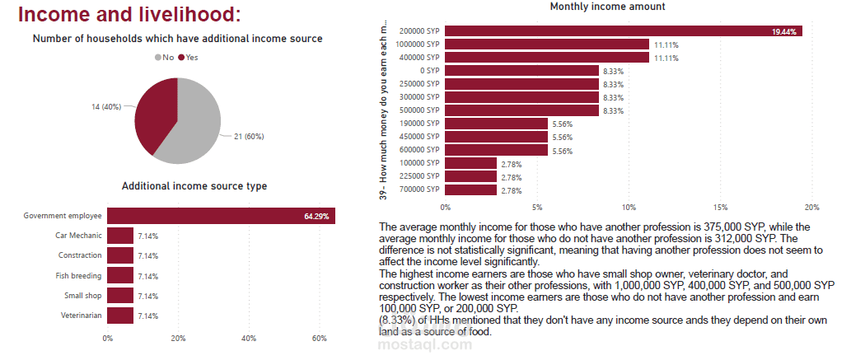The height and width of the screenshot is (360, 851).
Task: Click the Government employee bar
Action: click(221, 216)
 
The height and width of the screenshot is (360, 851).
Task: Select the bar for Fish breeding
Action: click(120, 275)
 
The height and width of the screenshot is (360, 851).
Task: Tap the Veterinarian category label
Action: click(82, 316)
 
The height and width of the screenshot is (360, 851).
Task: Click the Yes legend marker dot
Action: click(180, 58)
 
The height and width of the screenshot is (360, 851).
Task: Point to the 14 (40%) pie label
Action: click(106, 107)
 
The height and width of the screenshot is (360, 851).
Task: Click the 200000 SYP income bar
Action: click(623, 31)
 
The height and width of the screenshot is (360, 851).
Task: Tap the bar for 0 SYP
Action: click(521, 71)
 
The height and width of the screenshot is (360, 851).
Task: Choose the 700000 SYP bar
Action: click(470, 190)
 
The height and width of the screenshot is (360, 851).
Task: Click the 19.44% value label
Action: click(783, 31)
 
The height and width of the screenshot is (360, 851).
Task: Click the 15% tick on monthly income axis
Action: click(721, 207)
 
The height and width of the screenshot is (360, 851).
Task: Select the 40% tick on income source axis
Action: click(249, 338)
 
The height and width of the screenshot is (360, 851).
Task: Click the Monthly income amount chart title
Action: click(607, 7)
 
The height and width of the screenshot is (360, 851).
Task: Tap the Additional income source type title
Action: click(194, 186)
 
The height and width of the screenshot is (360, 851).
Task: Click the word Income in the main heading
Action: click(54, 15)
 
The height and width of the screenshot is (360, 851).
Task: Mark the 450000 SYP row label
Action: click(418, 137)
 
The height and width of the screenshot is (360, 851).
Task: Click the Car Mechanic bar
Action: click(120, 236)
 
